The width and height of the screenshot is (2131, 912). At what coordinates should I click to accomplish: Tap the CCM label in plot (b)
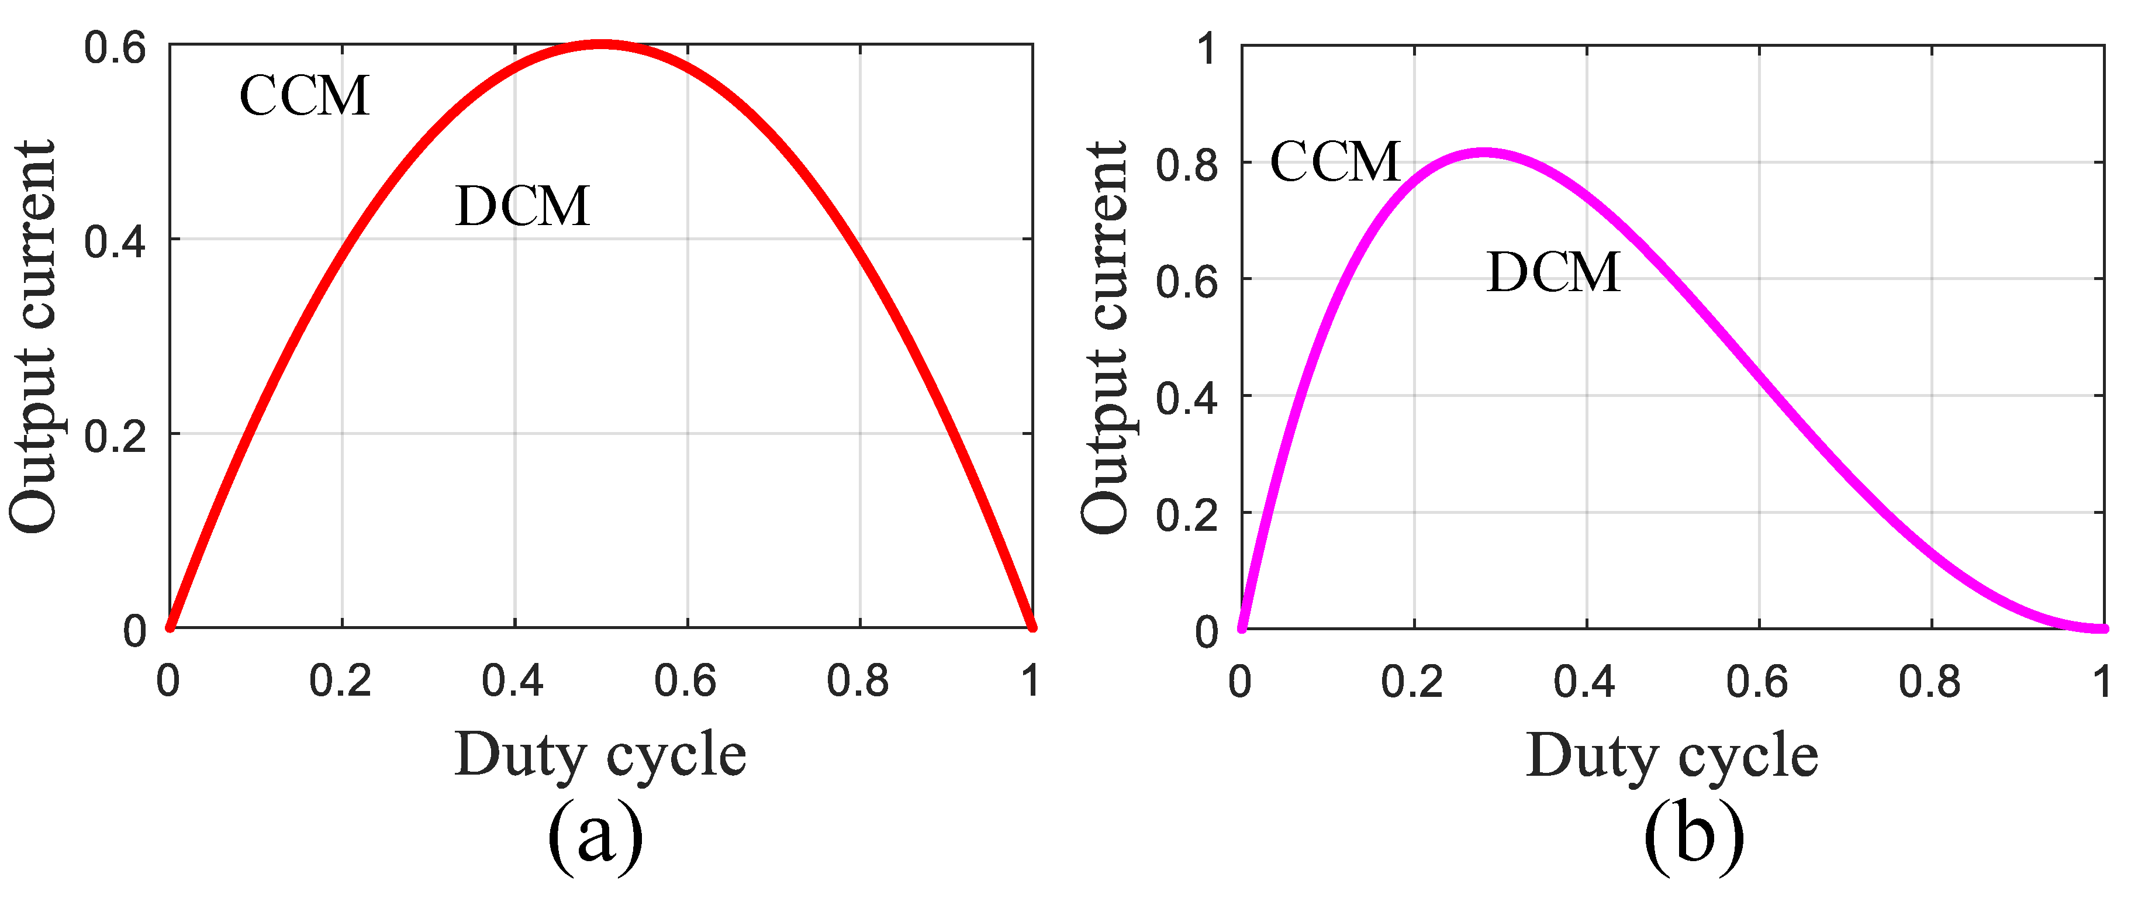pos(1334,161)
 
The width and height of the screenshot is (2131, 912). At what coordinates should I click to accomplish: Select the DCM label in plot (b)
pos(1552,272)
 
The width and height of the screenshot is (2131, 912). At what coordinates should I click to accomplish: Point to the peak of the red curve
pos(602,44)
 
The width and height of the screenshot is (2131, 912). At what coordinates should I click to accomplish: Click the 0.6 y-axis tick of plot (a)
pos(115,48)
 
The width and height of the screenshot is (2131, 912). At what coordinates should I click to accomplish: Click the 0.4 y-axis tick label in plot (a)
pos(115,243)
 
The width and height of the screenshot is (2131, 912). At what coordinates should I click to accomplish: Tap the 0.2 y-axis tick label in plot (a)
pos(115,436)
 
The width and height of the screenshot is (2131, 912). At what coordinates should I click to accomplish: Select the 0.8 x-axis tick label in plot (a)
pos(858,681)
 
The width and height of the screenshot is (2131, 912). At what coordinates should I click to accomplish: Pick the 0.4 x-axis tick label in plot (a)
pos(513,681)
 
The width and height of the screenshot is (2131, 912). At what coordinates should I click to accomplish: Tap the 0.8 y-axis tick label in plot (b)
pos(1187,165)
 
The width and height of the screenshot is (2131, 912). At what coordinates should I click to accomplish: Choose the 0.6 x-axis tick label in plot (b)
pos(1757,682)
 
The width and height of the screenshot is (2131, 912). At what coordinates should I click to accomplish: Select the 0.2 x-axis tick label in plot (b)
pos(1412,682)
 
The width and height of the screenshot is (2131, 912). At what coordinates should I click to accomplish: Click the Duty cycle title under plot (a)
pos(600,755)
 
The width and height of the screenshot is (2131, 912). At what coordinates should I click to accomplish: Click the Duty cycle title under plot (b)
pos(1672,755)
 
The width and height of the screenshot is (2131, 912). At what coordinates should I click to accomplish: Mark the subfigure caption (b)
pos(1693,836)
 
